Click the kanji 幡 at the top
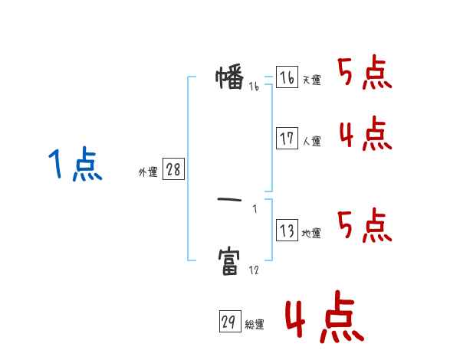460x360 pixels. [230, 77]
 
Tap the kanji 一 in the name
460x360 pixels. [229, 200]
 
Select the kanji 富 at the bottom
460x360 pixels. [228, 262]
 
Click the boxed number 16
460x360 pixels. [287, 77]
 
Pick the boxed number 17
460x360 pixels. [287, 138]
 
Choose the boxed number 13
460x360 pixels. [287, 230]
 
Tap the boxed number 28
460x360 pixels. [173, 169]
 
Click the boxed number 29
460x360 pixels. [230, 321]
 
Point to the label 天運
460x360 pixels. [311, 80]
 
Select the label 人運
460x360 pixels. [311, 141]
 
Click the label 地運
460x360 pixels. [311, 234]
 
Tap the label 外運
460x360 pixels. [148, 172]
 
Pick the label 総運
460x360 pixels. [255, 324]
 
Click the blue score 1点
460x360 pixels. [75, 164]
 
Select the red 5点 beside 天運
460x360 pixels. [365, 73]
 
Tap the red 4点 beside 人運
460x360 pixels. [366, 134]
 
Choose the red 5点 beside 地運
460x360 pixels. [365, 225]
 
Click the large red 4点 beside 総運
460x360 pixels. [325, 316]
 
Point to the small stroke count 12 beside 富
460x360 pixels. [254, 270]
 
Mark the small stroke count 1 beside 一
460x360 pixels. [255, 209]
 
